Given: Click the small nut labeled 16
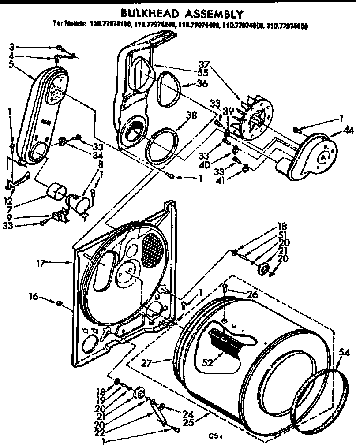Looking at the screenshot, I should tap(59, 303).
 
